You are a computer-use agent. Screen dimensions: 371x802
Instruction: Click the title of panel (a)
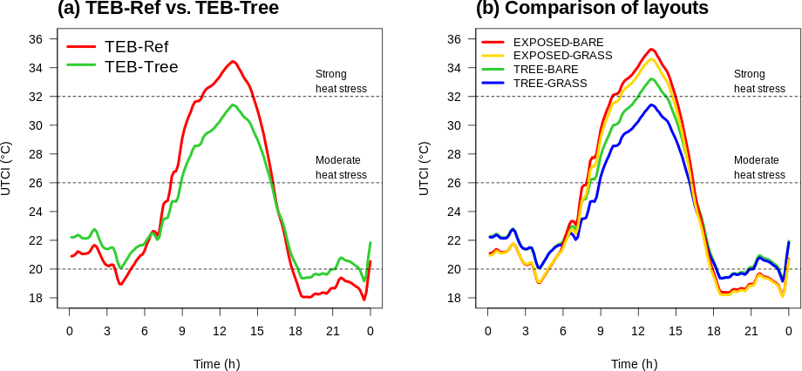click(167, 9)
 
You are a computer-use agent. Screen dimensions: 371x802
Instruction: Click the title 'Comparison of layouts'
click(592, 9)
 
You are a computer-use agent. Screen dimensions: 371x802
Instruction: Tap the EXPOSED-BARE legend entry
click(558, 42)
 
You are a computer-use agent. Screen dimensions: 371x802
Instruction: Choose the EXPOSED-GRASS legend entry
click(562, 55)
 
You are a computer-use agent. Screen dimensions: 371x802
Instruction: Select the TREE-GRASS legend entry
click(550, 83)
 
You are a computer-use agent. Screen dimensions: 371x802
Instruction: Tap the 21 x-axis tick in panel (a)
click(333, 331)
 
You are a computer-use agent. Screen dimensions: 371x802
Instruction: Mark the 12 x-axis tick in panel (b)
click(638, 331)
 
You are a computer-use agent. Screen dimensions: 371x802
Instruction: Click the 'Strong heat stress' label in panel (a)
click(341, 81)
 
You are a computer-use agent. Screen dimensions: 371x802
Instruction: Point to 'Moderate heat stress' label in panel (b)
click(759, 167)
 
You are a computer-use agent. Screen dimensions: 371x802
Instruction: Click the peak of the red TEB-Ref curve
click(232, 61)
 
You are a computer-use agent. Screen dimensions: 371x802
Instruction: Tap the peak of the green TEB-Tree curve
click(233, 105)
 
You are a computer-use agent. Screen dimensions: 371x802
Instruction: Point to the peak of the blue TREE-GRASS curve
click(651, 105)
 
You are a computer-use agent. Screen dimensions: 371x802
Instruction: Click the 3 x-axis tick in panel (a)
click(107, 331)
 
